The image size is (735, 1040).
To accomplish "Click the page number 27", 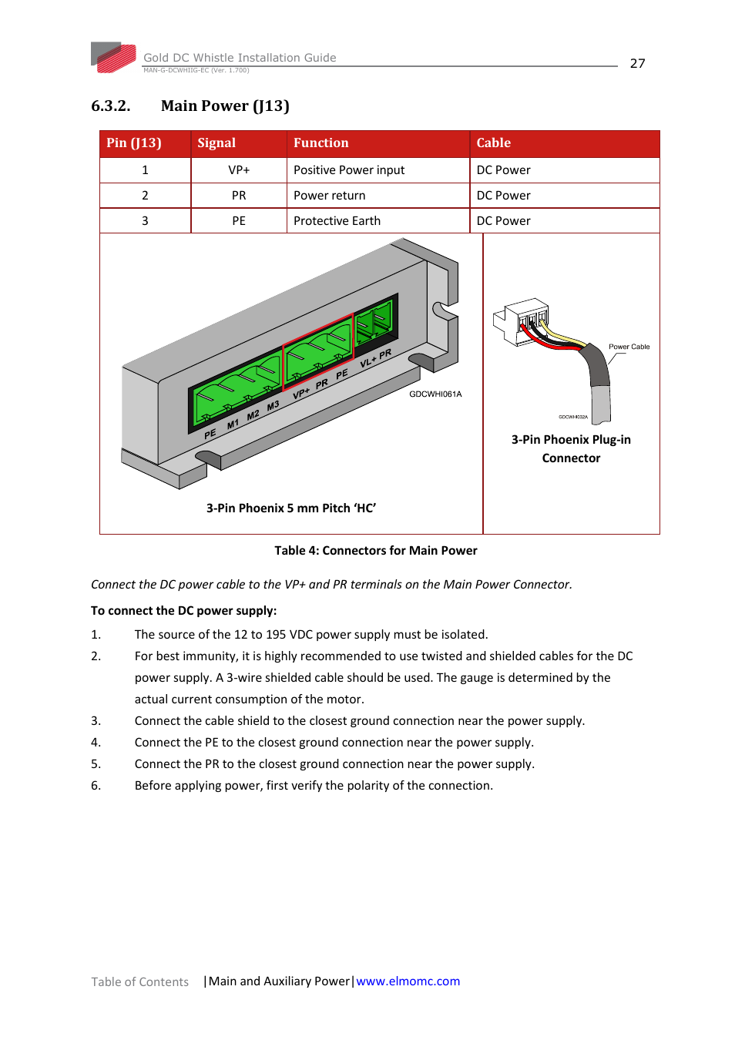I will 637,64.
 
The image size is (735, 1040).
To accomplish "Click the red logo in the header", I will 114,58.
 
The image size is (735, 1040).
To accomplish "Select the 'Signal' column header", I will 216,143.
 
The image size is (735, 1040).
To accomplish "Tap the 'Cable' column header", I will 493,143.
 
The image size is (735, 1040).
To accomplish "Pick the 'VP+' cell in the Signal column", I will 239,170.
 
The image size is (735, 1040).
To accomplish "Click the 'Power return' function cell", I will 329,196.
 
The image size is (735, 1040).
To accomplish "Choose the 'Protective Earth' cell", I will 337,221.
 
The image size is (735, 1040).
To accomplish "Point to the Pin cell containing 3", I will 145,221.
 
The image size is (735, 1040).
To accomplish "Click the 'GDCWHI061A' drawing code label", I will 435,394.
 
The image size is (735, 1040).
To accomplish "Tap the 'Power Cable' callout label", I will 629,347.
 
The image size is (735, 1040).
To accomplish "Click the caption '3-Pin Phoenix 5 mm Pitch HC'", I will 290,508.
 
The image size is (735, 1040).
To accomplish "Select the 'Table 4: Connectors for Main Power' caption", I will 376,551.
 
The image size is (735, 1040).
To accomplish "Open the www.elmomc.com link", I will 408,981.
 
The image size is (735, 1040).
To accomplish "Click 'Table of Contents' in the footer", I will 139,982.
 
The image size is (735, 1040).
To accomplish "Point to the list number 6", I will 96,786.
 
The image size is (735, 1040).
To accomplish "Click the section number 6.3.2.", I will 110,106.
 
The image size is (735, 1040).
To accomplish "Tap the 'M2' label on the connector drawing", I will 253,416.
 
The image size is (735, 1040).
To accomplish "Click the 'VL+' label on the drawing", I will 367,361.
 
